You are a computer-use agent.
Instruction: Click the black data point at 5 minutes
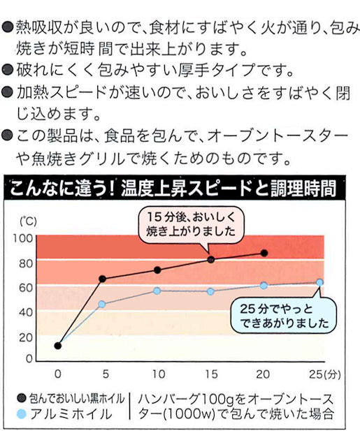pos(102,279)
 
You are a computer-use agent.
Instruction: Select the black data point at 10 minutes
pos(157,270)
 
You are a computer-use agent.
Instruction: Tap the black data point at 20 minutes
pos(264,253)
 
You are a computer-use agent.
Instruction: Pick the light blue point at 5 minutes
pos(102,305)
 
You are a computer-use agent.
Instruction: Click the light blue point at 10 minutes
pos(157,291)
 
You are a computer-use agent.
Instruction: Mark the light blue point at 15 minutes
pos(210,291)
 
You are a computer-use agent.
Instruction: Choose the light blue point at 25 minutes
pos(319,282)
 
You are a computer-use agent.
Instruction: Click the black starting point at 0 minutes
pos(58,346)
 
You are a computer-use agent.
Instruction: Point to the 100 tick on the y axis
pos(23,238)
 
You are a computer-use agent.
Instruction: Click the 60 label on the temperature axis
pos(26,288)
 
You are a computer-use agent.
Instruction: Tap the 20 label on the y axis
pos(26,337)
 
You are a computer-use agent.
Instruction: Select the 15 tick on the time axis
pos(211,374)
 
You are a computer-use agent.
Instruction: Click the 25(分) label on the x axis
pos(325,374)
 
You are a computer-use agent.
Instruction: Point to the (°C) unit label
pos(28,221)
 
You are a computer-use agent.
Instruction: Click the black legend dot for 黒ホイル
pos(21,397)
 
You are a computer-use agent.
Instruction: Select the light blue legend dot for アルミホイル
pos(21,414)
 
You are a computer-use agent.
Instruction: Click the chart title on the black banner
pos(173,189)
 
